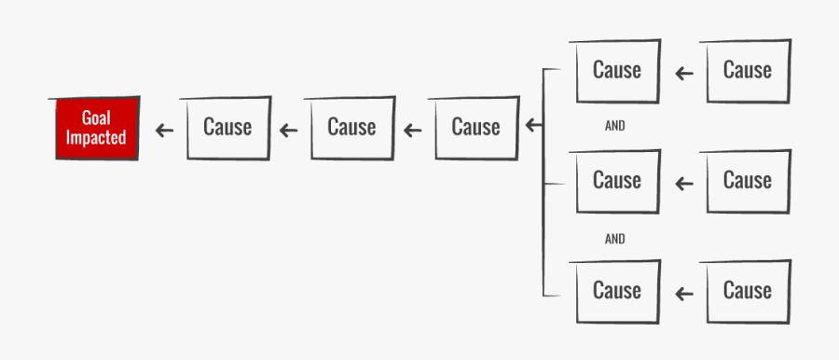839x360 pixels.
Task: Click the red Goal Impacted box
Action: coord(96,128)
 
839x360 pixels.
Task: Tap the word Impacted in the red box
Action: coord(96,138)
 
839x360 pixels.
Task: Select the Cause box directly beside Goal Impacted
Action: coord(227,127)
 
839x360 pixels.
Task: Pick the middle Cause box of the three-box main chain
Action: coord(351,127)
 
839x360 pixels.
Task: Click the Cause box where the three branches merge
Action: coord(475,127)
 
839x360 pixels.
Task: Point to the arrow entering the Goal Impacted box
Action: coord(164,130)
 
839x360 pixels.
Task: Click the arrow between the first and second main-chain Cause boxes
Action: coord(289,130)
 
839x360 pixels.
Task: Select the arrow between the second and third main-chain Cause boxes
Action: coord(413,130)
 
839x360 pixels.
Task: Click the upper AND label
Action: coord(615,126)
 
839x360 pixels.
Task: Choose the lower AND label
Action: coord(615,239)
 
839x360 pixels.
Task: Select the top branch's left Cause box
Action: coord(617,70)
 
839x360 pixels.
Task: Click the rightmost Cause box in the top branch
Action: coord(748,70)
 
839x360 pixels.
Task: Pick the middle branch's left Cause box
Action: coord(617,180)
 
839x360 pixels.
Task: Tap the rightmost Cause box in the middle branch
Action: coord(748,180)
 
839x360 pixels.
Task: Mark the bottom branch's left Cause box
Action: coord(617,291)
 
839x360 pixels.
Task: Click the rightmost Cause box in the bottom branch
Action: coord(748,291)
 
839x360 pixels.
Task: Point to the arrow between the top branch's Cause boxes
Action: coord(684,73)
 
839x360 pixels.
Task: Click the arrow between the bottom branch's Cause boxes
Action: coord(684,294)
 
